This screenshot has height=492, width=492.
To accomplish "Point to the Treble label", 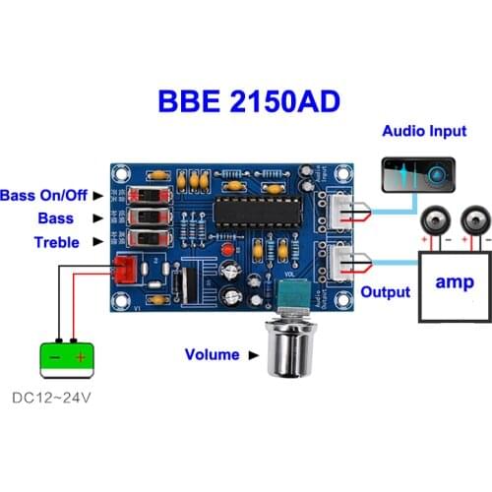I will coord(56,242).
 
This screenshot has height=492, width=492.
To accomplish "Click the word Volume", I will coord(212,354).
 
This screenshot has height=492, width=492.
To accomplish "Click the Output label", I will coord(385,292).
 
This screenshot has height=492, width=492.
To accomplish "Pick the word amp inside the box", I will coord(456,280).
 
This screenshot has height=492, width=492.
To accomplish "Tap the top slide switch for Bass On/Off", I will coord(146,194).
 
